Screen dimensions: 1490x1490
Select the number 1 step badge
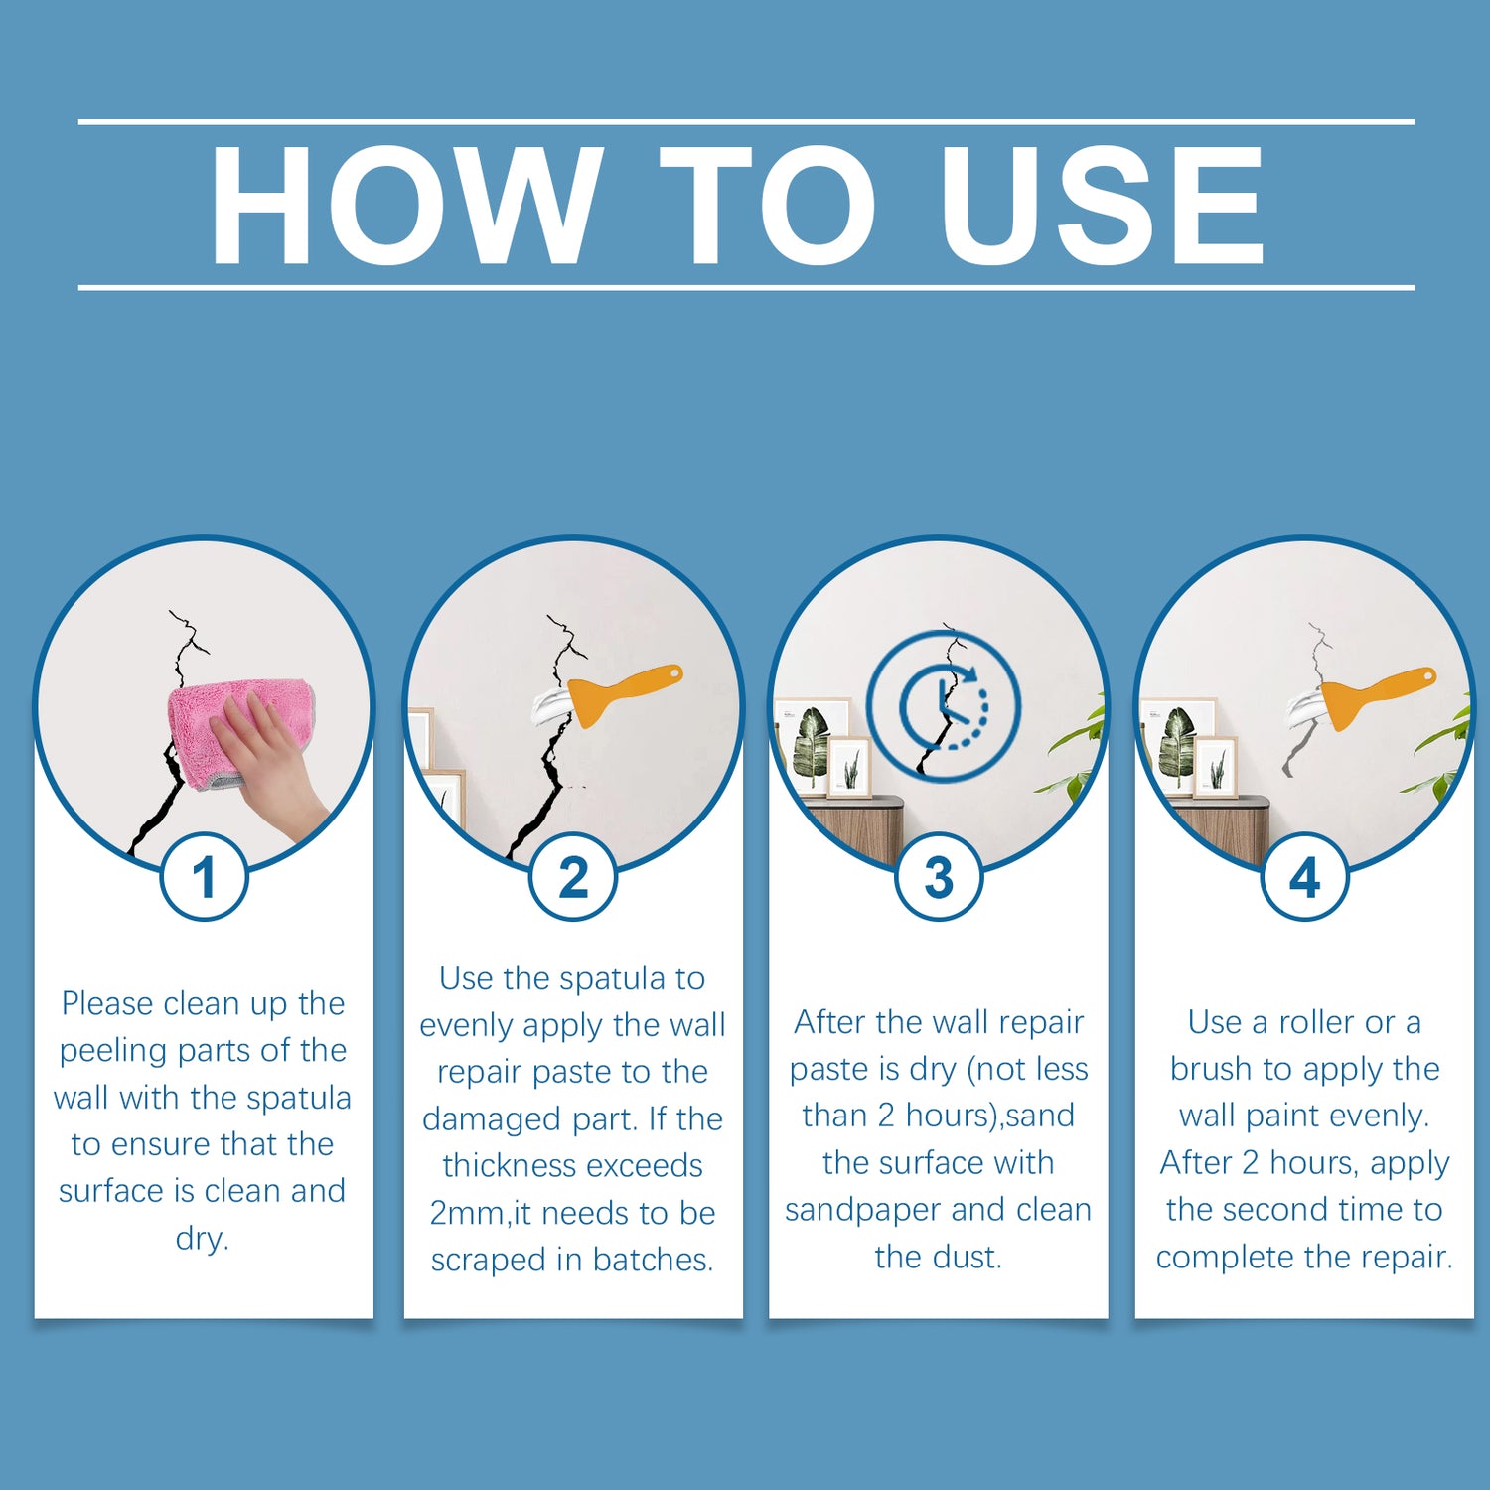click(x=204, y=877)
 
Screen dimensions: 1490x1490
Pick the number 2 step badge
click(x=573, y=877)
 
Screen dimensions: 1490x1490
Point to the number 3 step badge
click(x=939, y=877)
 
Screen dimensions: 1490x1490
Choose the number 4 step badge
click(x=1304, y=877)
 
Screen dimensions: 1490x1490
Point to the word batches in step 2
click(x=653, y=1260)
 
